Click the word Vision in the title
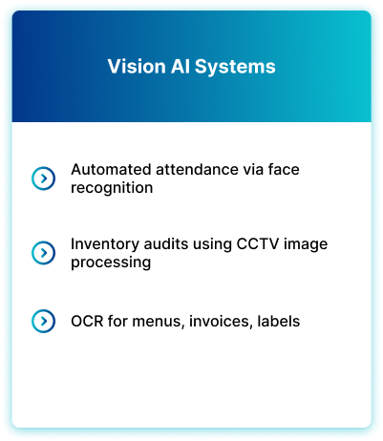(137, 67)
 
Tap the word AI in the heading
(181, 67)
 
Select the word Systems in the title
(235, 67)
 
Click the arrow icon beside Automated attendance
(43, 178)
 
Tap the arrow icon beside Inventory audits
(43, 253)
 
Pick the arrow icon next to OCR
(43, 321)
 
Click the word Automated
(111, 169)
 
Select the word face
(284, 169)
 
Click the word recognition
(112, 188)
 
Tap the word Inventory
(105, 244)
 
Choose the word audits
(166, 244)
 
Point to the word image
(306, 244)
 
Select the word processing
(111, 262)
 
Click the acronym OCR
(87, 322)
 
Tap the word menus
(159, 322)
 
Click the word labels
(279, 322)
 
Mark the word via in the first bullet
(253, 169)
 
